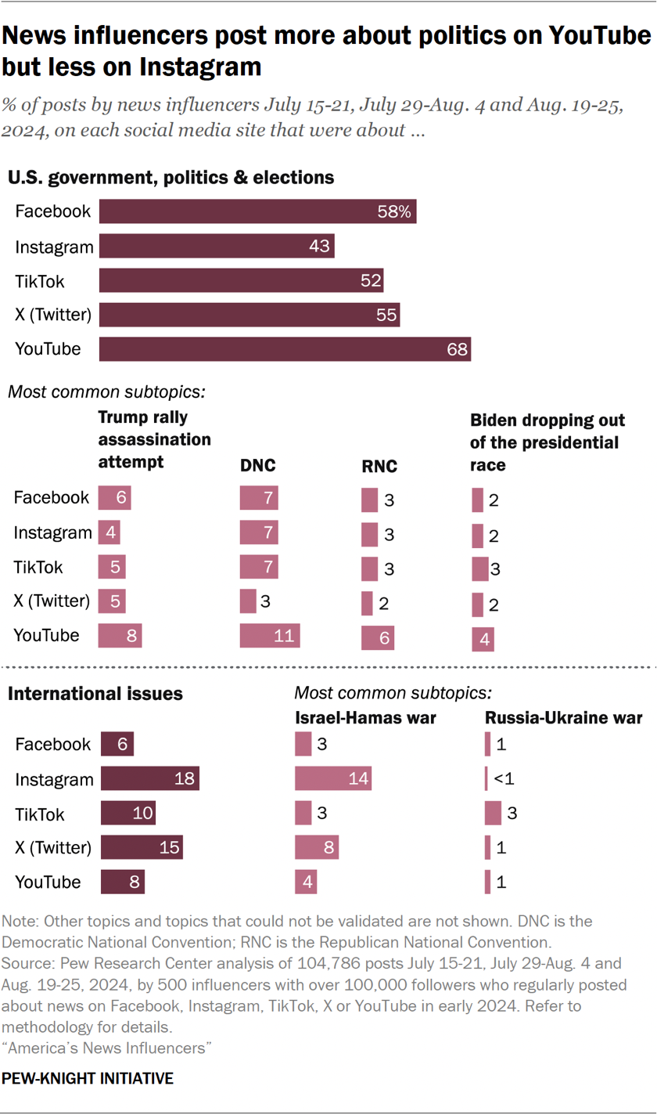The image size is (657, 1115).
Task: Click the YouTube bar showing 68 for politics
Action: pos(285,349)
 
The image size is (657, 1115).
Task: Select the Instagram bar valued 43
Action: pos(217,247)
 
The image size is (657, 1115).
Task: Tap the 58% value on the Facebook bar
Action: pos(395,212)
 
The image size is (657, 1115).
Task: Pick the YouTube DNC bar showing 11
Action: pos(270,636)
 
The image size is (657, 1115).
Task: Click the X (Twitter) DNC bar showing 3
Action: pos(248,601)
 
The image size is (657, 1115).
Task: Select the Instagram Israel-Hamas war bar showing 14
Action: pos(333,779)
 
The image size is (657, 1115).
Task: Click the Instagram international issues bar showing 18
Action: pos(150,779)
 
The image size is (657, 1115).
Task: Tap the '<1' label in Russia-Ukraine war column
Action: pos(501,779)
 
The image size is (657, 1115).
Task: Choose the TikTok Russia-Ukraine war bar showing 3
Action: pos(493,814)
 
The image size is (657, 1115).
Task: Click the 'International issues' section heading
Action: pos(95,694)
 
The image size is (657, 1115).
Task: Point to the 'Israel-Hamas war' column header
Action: pos(364,717)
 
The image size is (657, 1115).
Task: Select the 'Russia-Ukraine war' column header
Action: pos(563,717)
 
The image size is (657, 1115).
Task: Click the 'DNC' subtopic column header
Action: pos(257,467)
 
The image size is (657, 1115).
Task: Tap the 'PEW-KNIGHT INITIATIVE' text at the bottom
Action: pos(88,1079)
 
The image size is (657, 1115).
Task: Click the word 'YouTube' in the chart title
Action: pos(591,36)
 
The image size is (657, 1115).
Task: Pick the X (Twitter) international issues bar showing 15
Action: pos(142,848)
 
